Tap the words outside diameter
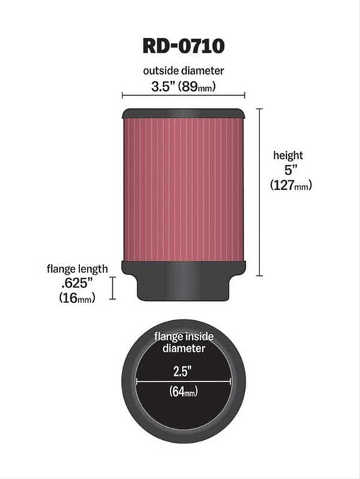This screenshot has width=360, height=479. click(183, 70)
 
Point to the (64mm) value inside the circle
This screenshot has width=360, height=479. click(183, 392)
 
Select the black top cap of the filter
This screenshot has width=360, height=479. click(183, 112)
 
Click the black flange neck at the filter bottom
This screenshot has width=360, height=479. click(183, 287)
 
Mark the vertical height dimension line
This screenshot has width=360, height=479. click(259, 192)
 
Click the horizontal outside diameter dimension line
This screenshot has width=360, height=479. click(183, 96)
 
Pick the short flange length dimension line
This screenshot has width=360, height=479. click(113, 288)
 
